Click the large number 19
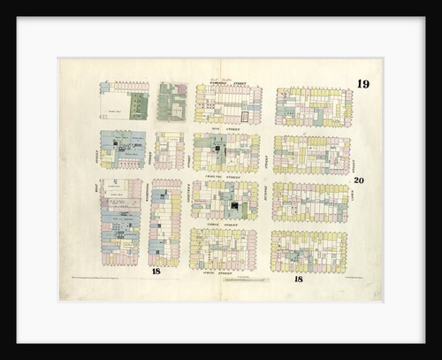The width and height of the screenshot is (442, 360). (363, 85)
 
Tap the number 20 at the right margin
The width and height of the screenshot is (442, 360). (358, 180)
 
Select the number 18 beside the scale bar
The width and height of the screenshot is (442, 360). (298, 280)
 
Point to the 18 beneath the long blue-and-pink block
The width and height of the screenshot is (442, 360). (155, 271)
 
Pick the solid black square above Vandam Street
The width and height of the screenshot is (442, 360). (234, 206)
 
